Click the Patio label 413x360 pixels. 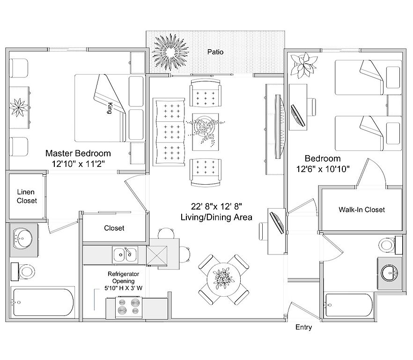point(215,52)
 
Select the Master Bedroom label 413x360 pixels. point(78,153)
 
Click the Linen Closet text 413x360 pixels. point(27,196)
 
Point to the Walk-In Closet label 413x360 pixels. point(361,210)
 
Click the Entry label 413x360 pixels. point(303,327)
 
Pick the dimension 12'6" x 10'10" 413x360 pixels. point(323,169)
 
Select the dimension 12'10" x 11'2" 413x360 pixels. point(78,164)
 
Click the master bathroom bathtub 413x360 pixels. point(44,302)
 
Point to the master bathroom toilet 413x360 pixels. point(26,271)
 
